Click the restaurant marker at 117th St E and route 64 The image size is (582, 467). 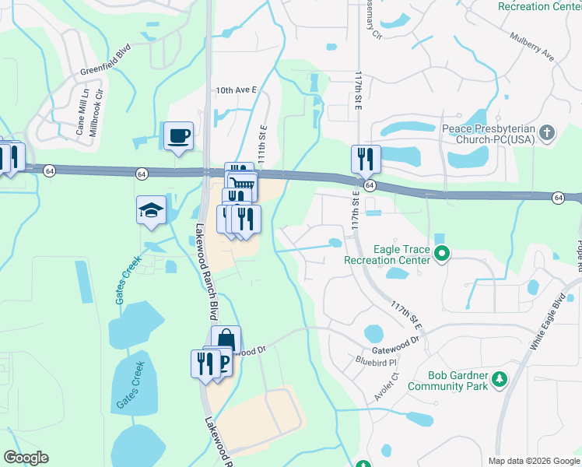click(366, 160)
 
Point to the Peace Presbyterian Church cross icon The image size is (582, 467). click(547, 132)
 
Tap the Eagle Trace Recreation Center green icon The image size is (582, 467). click(442, 253)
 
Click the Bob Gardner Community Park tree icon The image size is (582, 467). click(499, 380)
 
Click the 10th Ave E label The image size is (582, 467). click(237, 90)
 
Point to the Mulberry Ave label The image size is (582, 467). click(531, 47)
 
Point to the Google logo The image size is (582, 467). click(26, 458)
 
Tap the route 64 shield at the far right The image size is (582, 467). click(559, 198)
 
